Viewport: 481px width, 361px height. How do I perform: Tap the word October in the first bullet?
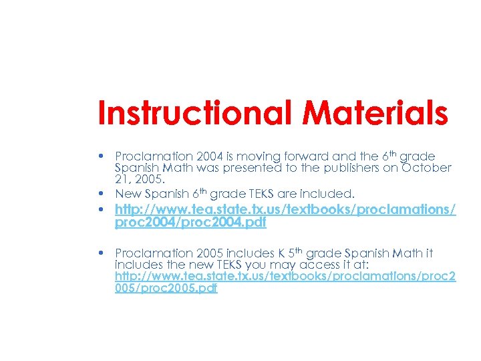pyautogui.click(x=428, y=167)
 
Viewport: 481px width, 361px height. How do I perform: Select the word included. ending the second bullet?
pyautogui.click(x=331, y=194)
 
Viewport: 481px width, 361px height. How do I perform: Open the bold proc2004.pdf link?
pyautogui.click(x=190, y=223)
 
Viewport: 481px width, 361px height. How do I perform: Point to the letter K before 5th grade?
pyautogui.click(x=282, y=253)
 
